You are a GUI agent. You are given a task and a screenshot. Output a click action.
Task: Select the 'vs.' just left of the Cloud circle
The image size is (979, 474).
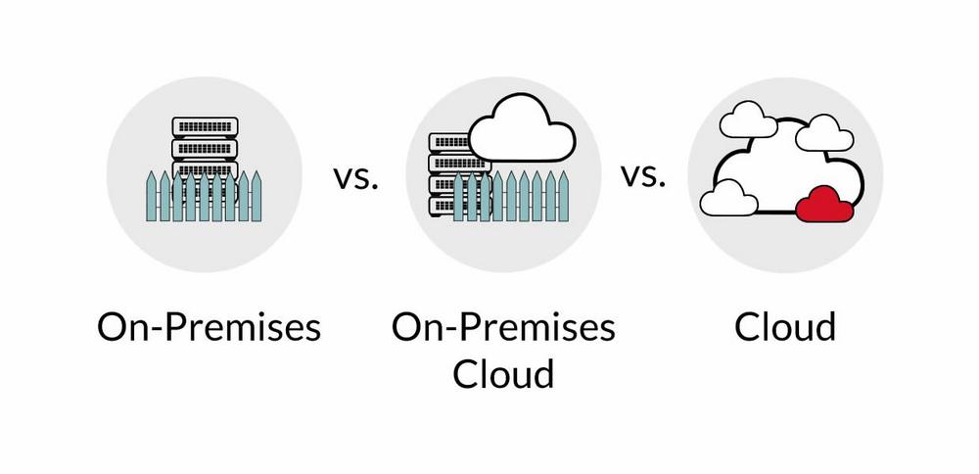click(x=642, y=176)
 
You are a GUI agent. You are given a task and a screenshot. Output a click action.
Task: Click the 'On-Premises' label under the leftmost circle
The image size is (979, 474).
click(x=209, y=326)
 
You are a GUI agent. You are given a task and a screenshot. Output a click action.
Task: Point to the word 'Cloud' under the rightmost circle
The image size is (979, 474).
click(x=785, y=326)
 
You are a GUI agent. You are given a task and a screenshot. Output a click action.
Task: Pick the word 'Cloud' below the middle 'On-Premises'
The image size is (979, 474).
click(x=503, y=373)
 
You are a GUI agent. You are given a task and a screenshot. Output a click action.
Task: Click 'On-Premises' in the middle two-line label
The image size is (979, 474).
click(x=503, y=326)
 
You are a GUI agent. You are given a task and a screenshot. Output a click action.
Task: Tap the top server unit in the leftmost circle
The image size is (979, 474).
click(x=205, y=126)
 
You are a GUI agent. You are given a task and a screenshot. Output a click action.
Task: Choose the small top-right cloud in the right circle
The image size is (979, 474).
click(x=823, y=132)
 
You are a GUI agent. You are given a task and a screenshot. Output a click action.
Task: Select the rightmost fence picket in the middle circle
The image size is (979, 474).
click(x=563, y=196)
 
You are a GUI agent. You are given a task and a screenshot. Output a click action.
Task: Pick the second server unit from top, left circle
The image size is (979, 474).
click(x=205, y=148)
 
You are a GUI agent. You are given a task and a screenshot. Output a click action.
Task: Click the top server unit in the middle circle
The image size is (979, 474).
click(x=445, y=141)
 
